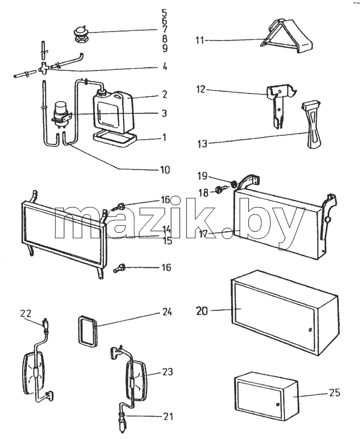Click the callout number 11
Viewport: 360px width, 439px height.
(200, 41)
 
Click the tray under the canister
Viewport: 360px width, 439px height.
(115, 140)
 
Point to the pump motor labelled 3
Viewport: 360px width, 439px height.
(62, 114)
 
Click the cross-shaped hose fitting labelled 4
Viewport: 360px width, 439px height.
(44, 67)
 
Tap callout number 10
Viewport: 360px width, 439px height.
(165, 170)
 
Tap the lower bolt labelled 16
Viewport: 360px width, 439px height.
(119, 268)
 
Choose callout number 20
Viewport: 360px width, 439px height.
(202, 311)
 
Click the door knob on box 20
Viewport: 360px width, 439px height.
(310, 330)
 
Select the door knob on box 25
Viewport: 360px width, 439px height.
(277, 405)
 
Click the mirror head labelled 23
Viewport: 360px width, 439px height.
(136, 380)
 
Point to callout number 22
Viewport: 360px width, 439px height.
(26, 313)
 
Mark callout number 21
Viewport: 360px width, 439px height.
(168, 417)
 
